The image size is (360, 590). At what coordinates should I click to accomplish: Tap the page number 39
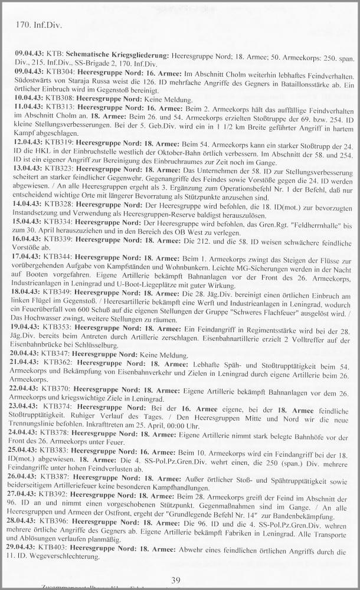pyautogui.click(x=175, y=581)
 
